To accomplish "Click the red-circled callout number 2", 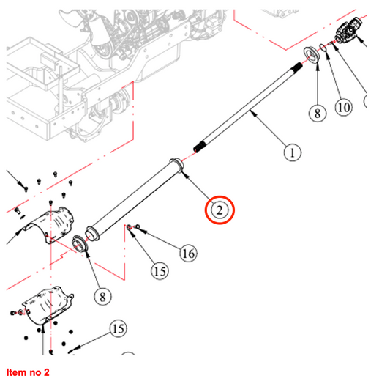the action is pyautogui.click(x=220, y=210).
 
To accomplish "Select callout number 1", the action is pyautogui.click(x=292, y=152).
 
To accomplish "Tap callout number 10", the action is pyautogui.click(x=344, y=107).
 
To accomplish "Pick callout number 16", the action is pyautogui.click(x=188, y=254).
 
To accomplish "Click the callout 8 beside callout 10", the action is pyautogui.click(x=318, y=114).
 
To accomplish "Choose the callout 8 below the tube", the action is pyautogui.click(x=102, y=297).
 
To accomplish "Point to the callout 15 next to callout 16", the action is pyautogui.click(x=160, y=271).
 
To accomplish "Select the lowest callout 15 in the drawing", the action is pyautogui.click(x=118, y=329).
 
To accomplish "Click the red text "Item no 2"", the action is pyautogui.click(x=28, y=372).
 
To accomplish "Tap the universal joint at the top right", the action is pyautogui.click(x=349, y=30).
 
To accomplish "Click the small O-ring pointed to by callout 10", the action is pyautogui.click(x=323, y=48).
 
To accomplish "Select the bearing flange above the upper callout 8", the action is pyautogui.click(x=312, y=55).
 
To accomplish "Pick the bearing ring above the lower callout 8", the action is pyautogui.click(x=80, y=243).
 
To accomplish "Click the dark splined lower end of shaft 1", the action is pyautogui.click(x=200, y=147).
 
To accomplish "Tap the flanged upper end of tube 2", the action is pyautogui.click(x=176, y=165).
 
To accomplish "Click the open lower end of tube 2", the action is pyautogui.click(x=91, y=233).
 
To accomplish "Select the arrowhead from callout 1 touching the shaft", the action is pyautogui.click(x=252, y=113).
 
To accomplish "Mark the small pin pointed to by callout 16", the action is pyautogui.click(x=137, y=226).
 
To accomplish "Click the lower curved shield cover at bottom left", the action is pyautogui.click(x=46, y=306).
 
